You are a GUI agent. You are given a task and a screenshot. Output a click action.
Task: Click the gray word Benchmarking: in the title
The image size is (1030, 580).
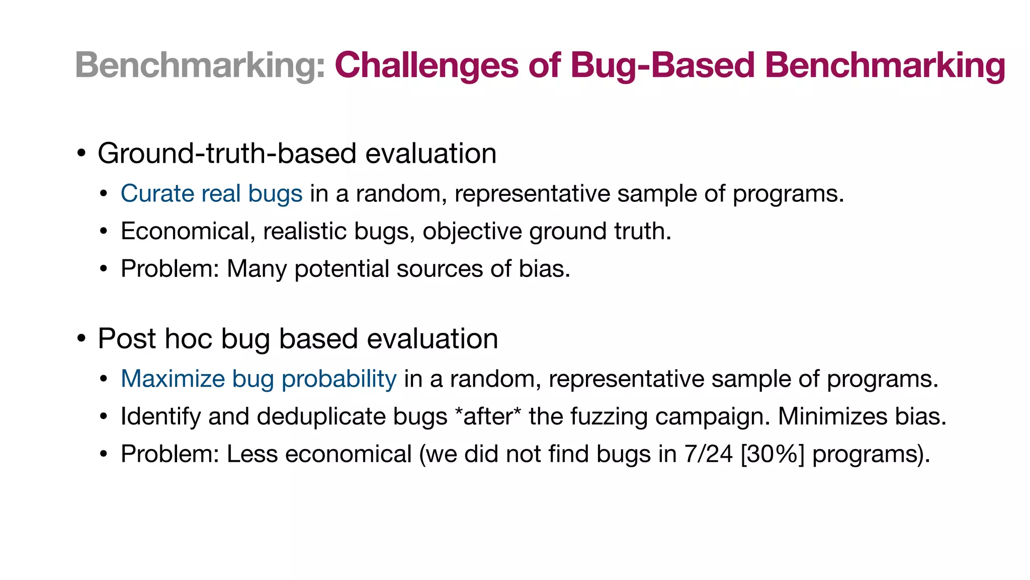pyautogui.click(x=200, y=66)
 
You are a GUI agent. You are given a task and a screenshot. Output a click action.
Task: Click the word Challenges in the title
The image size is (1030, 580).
pyautogui.click(x=426, y=66)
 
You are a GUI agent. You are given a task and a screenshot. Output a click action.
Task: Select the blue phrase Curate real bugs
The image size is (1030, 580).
pyautogui.click(x=211, y=194)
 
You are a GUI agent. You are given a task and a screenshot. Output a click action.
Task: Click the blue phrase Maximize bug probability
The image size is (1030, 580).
pyautogui.click(x=259, y=379)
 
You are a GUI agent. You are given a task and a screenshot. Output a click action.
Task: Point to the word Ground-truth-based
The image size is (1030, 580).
pyautogui.click(x=227, y=154)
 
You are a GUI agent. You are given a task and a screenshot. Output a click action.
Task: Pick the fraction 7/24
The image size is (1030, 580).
pyautogui.click(x=708, y=454)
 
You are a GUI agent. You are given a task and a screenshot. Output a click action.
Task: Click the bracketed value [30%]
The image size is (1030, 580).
pyautogui.click(x=772, y=454)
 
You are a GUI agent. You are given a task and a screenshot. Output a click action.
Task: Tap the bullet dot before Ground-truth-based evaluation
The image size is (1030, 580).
pyautogui.click(x=81, y=154)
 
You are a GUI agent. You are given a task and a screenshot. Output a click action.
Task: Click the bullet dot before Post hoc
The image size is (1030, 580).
pyautogui.click(x=81, y=339)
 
